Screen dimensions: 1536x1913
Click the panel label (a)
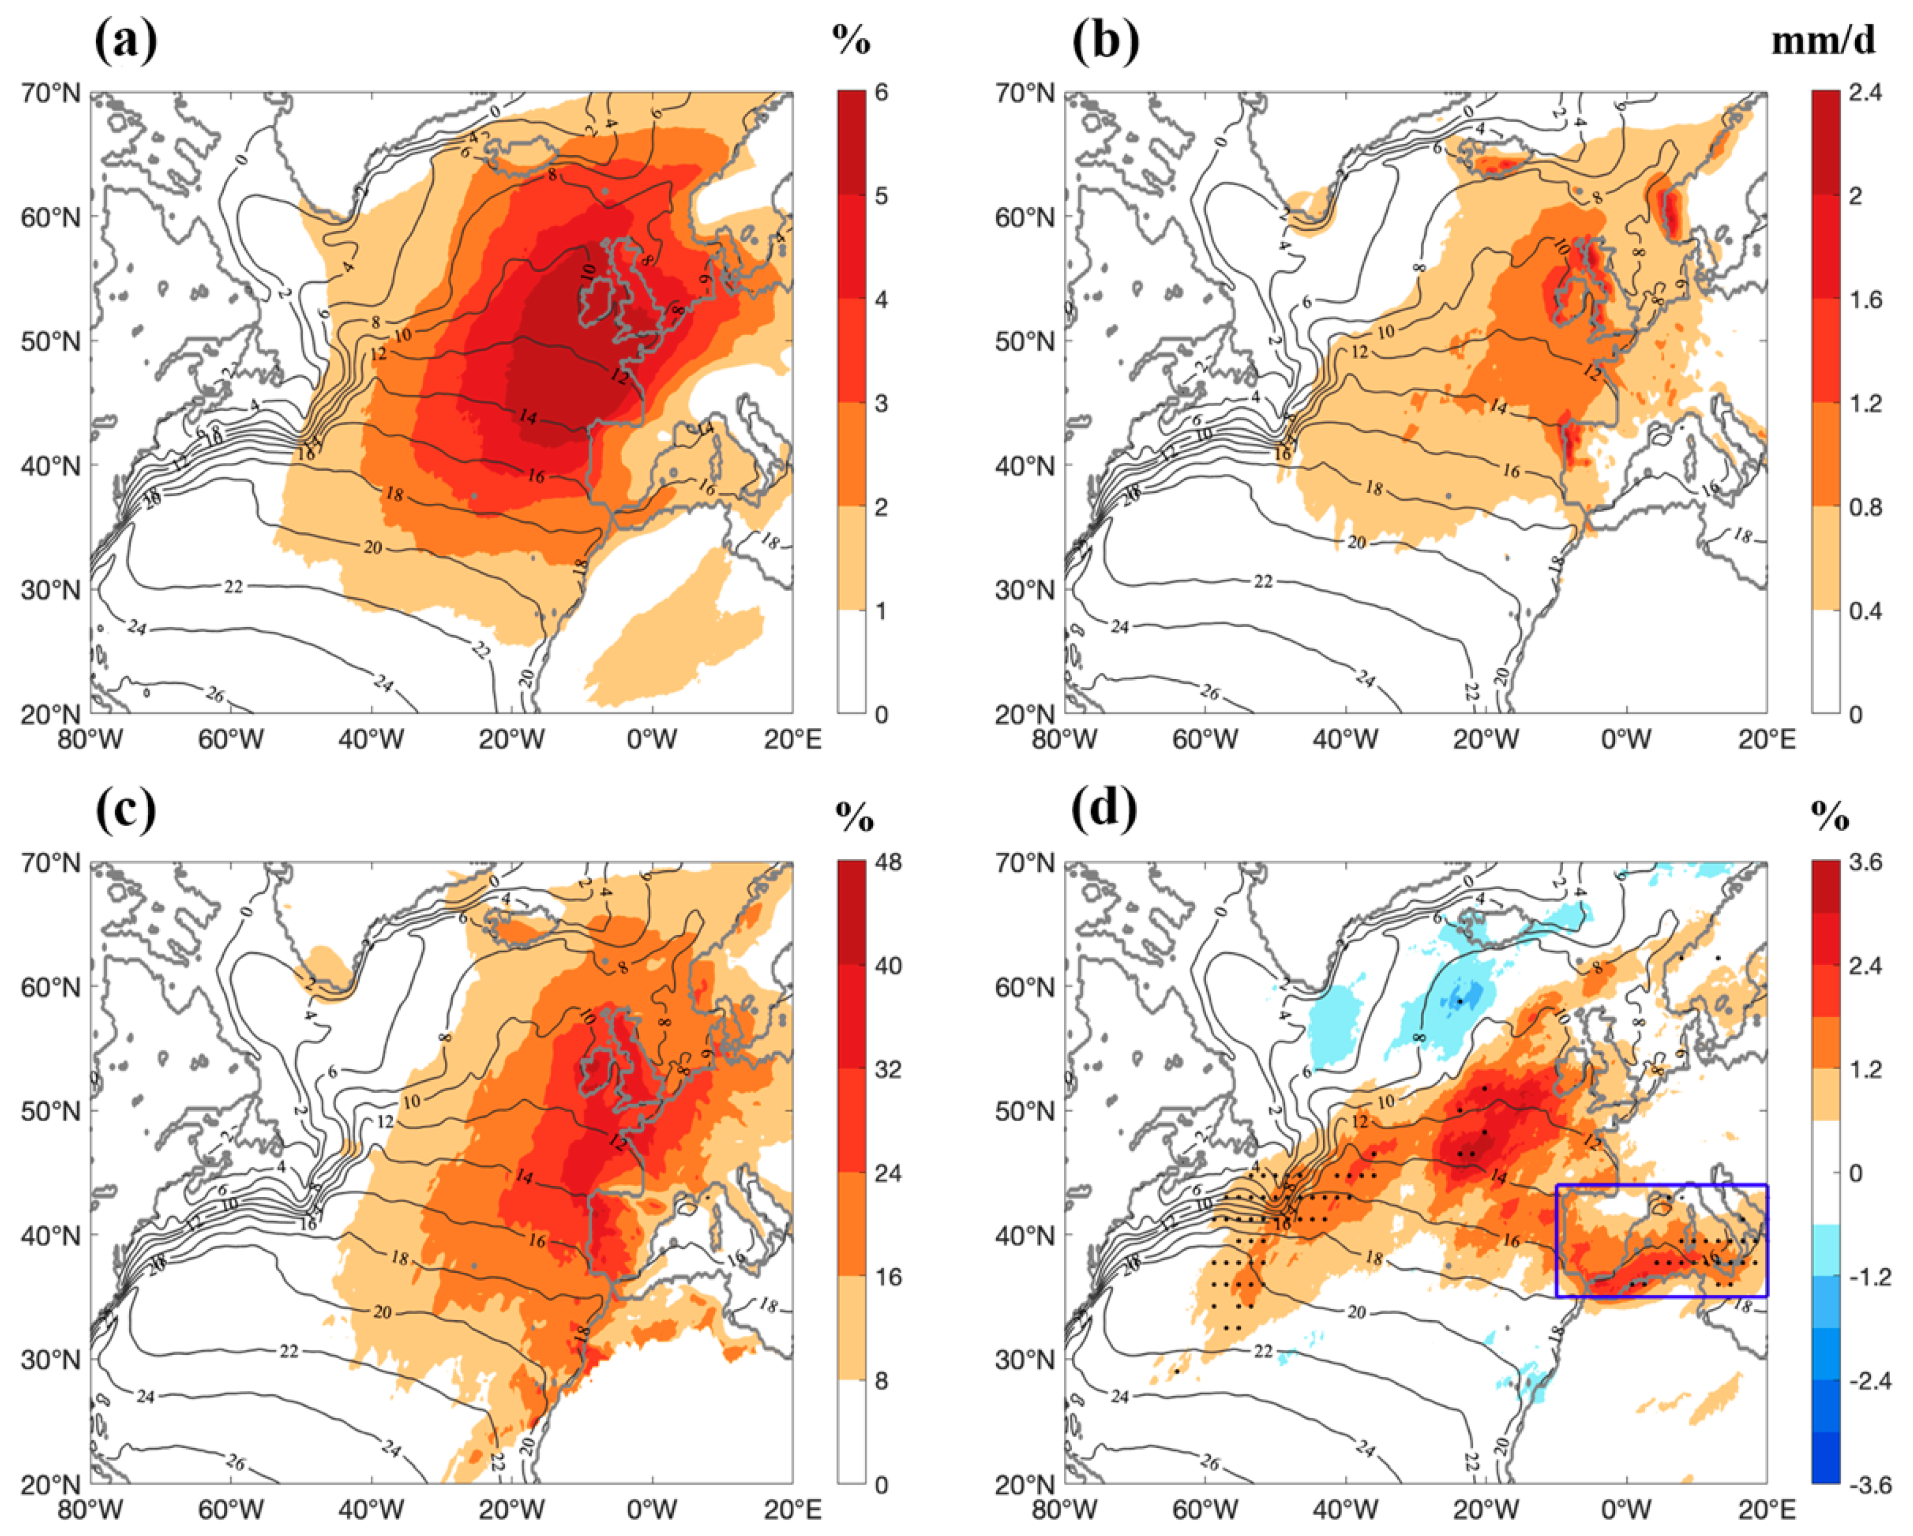(x=126, y=40)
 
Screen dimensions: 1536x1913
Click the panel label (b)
(x=1105, y=40)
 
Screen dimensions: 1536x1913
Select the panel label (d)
(x=1105, y=809)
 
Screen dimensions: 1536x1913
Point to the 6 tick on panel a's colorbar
(x=881, y=93)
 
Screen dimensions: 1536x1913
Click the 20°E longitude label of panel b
(x=1765, y=739)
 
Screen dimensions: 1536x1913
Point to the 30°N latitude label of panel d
(x=1027, y=1360)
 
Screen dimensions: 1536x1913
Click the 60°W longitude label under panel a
(x=231, y=739)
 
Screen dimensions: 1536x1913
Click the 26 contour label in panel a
(x=215, y=695)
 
